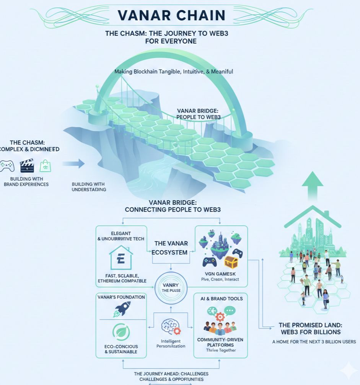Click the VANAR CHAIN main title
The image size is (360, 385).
pos(171,15)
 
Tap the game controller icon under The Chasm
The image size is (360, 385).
pos(7,166)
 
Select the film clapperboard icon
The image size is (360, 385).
pos(27,165)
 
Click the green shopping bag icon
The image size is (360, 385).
pos(46,166)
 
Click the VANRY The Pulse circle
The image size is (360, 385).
pos(168,287)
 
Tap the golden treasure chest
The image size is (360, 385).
pos(231,262)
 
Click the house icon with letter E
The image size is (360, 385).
pos(121,257)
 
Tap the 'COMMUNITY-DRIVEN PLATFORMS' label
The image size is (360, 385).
pos(220,342)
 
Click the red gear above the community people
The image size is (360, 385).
pos(220,316)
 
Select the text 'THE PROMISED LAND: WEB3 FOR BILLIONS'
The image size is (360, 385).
pos(310,329)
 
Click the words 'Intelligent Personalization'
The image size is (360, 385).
pos(171,343)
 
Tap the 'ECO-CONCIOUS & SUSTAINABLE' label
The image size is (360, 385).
pos(121,349)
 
